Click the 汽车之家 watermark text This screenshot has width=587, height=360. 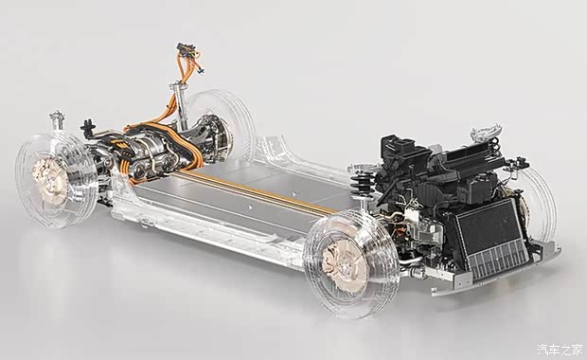click(x=560, y=350)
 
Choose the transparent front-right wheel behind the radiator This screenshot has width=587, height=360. click(x=539, y=203)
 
